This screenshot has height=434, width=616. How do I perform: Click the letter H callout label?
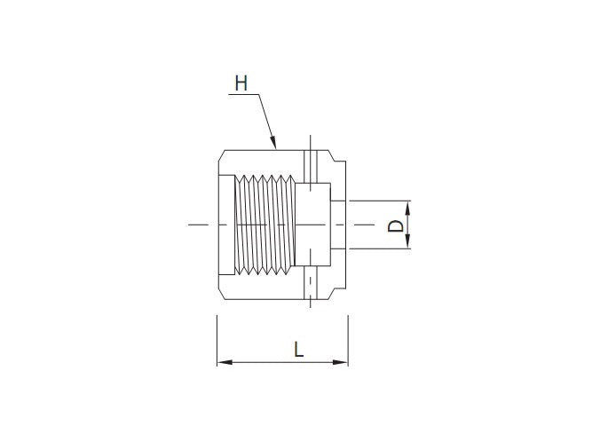[x=241, y=83]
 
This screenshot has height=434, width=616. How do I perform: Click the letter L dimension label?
[x=299, y=349]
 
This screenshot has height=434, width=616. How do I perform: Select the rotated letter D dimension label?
[x=397, y=226]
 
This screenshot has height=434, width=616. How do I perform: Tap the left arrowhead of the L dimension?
[x=223, y=361]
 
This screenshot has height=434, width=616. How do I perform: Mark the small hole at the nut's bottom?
[x=310, y=285]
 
